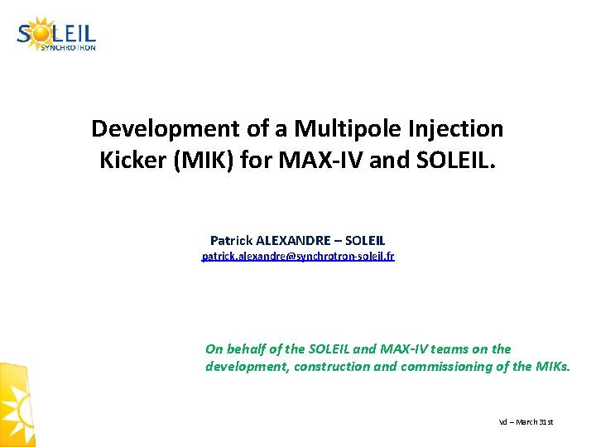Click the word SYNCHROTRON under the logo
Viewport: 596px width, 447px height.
(68, 48)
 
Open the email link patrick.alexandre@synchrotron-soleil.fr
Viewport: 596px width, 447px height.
(298, 257)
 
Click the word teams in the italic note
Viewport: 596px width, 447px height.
(447, 349)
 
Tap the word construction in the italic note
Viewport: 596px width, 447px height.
(333, 367)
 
